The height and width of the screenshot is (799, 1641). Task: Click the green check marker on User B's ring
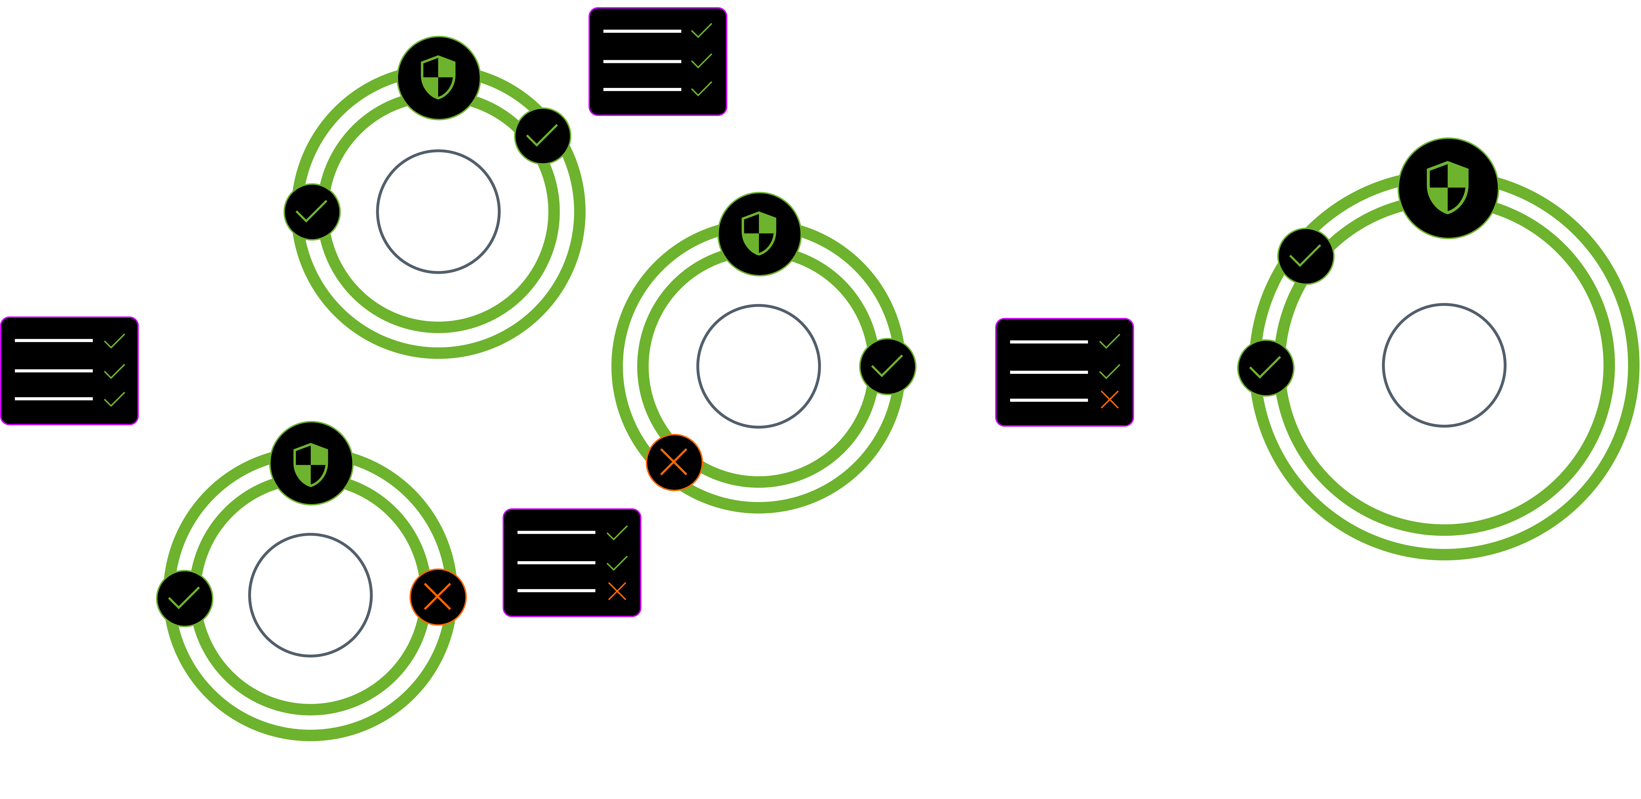887,366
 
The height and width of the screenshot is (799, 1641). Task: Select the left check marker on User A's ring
312,212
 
